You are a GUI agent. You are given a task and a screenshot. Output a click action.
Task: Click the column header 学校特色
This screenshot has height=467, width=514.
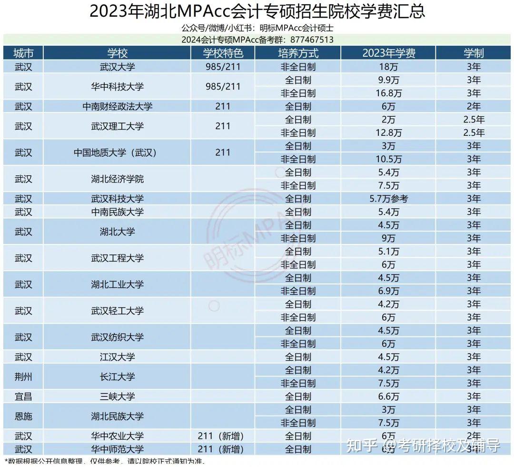tap(223, 53)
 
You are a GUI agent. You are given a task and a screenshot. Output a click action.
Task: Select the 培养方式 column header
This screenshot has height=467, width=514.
tap(298, 53)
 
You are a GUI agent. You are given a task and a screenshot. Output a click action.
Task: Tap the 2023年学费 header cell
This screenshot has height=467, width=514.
tap(388, 53)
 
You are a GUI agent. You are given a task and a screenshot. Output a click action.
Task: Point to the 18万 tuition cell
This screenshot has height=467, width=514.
tap(388, 66)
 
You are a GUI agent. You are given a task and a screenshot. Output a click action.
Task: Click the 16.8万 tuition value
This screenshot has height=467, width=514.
tap(388, 93)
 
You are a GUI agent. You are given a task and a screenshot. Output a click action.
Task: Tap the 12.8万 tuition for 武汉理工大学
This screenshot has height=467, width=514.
tap(388, 132)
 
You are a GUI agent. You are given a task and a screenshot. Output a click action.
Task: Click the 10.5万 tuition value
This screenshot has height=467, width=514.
tap(388, 159)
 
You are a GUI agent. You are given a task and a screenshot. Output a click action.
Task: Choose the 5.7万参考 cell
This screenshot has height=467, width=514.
tap(388, 199)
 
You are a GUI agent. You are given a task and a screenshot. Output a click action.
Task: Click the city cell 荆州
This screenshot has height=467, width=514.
tap(23, 376)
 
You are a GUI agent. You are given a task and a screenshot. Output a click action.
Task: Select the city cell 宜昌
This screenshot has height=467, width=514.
tap(23, 396)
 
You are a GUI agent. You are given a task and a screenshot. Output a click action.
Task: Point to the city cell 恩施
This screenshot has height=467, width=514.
tap(23, 416)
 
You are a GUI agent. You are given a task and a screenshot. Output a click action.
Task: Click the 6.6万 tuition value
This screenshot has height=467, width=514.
tap(388, 396)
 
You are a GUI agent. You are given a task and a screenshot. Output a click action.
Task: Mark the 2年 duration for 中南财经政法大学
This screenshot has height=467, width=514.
tap(474, 106)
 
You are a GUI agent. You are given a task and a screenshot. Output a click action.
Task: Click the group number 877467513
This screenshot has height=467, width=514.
tap(313, 40)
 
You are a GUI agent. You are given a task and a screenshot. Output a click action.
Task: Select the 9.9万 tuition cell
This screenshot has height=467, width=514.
tap(388, 80)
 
